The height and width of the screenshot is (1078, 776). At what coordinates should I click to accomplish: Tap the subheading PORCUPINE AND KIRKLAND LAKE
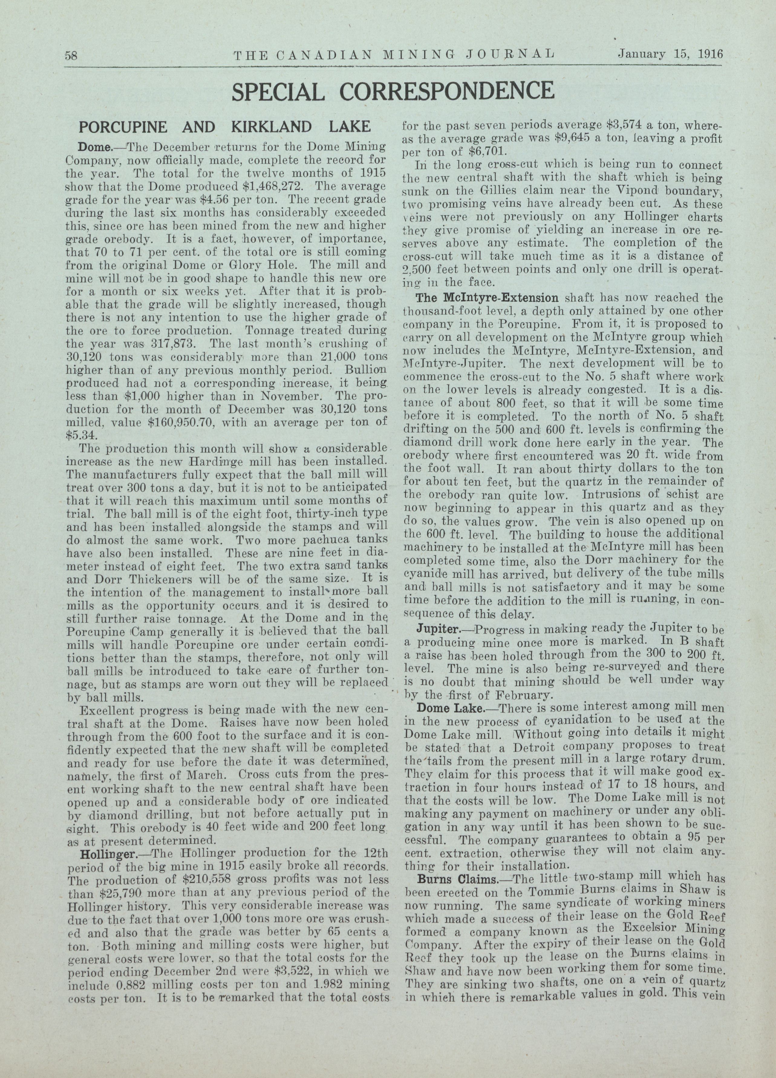point(224,127)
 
